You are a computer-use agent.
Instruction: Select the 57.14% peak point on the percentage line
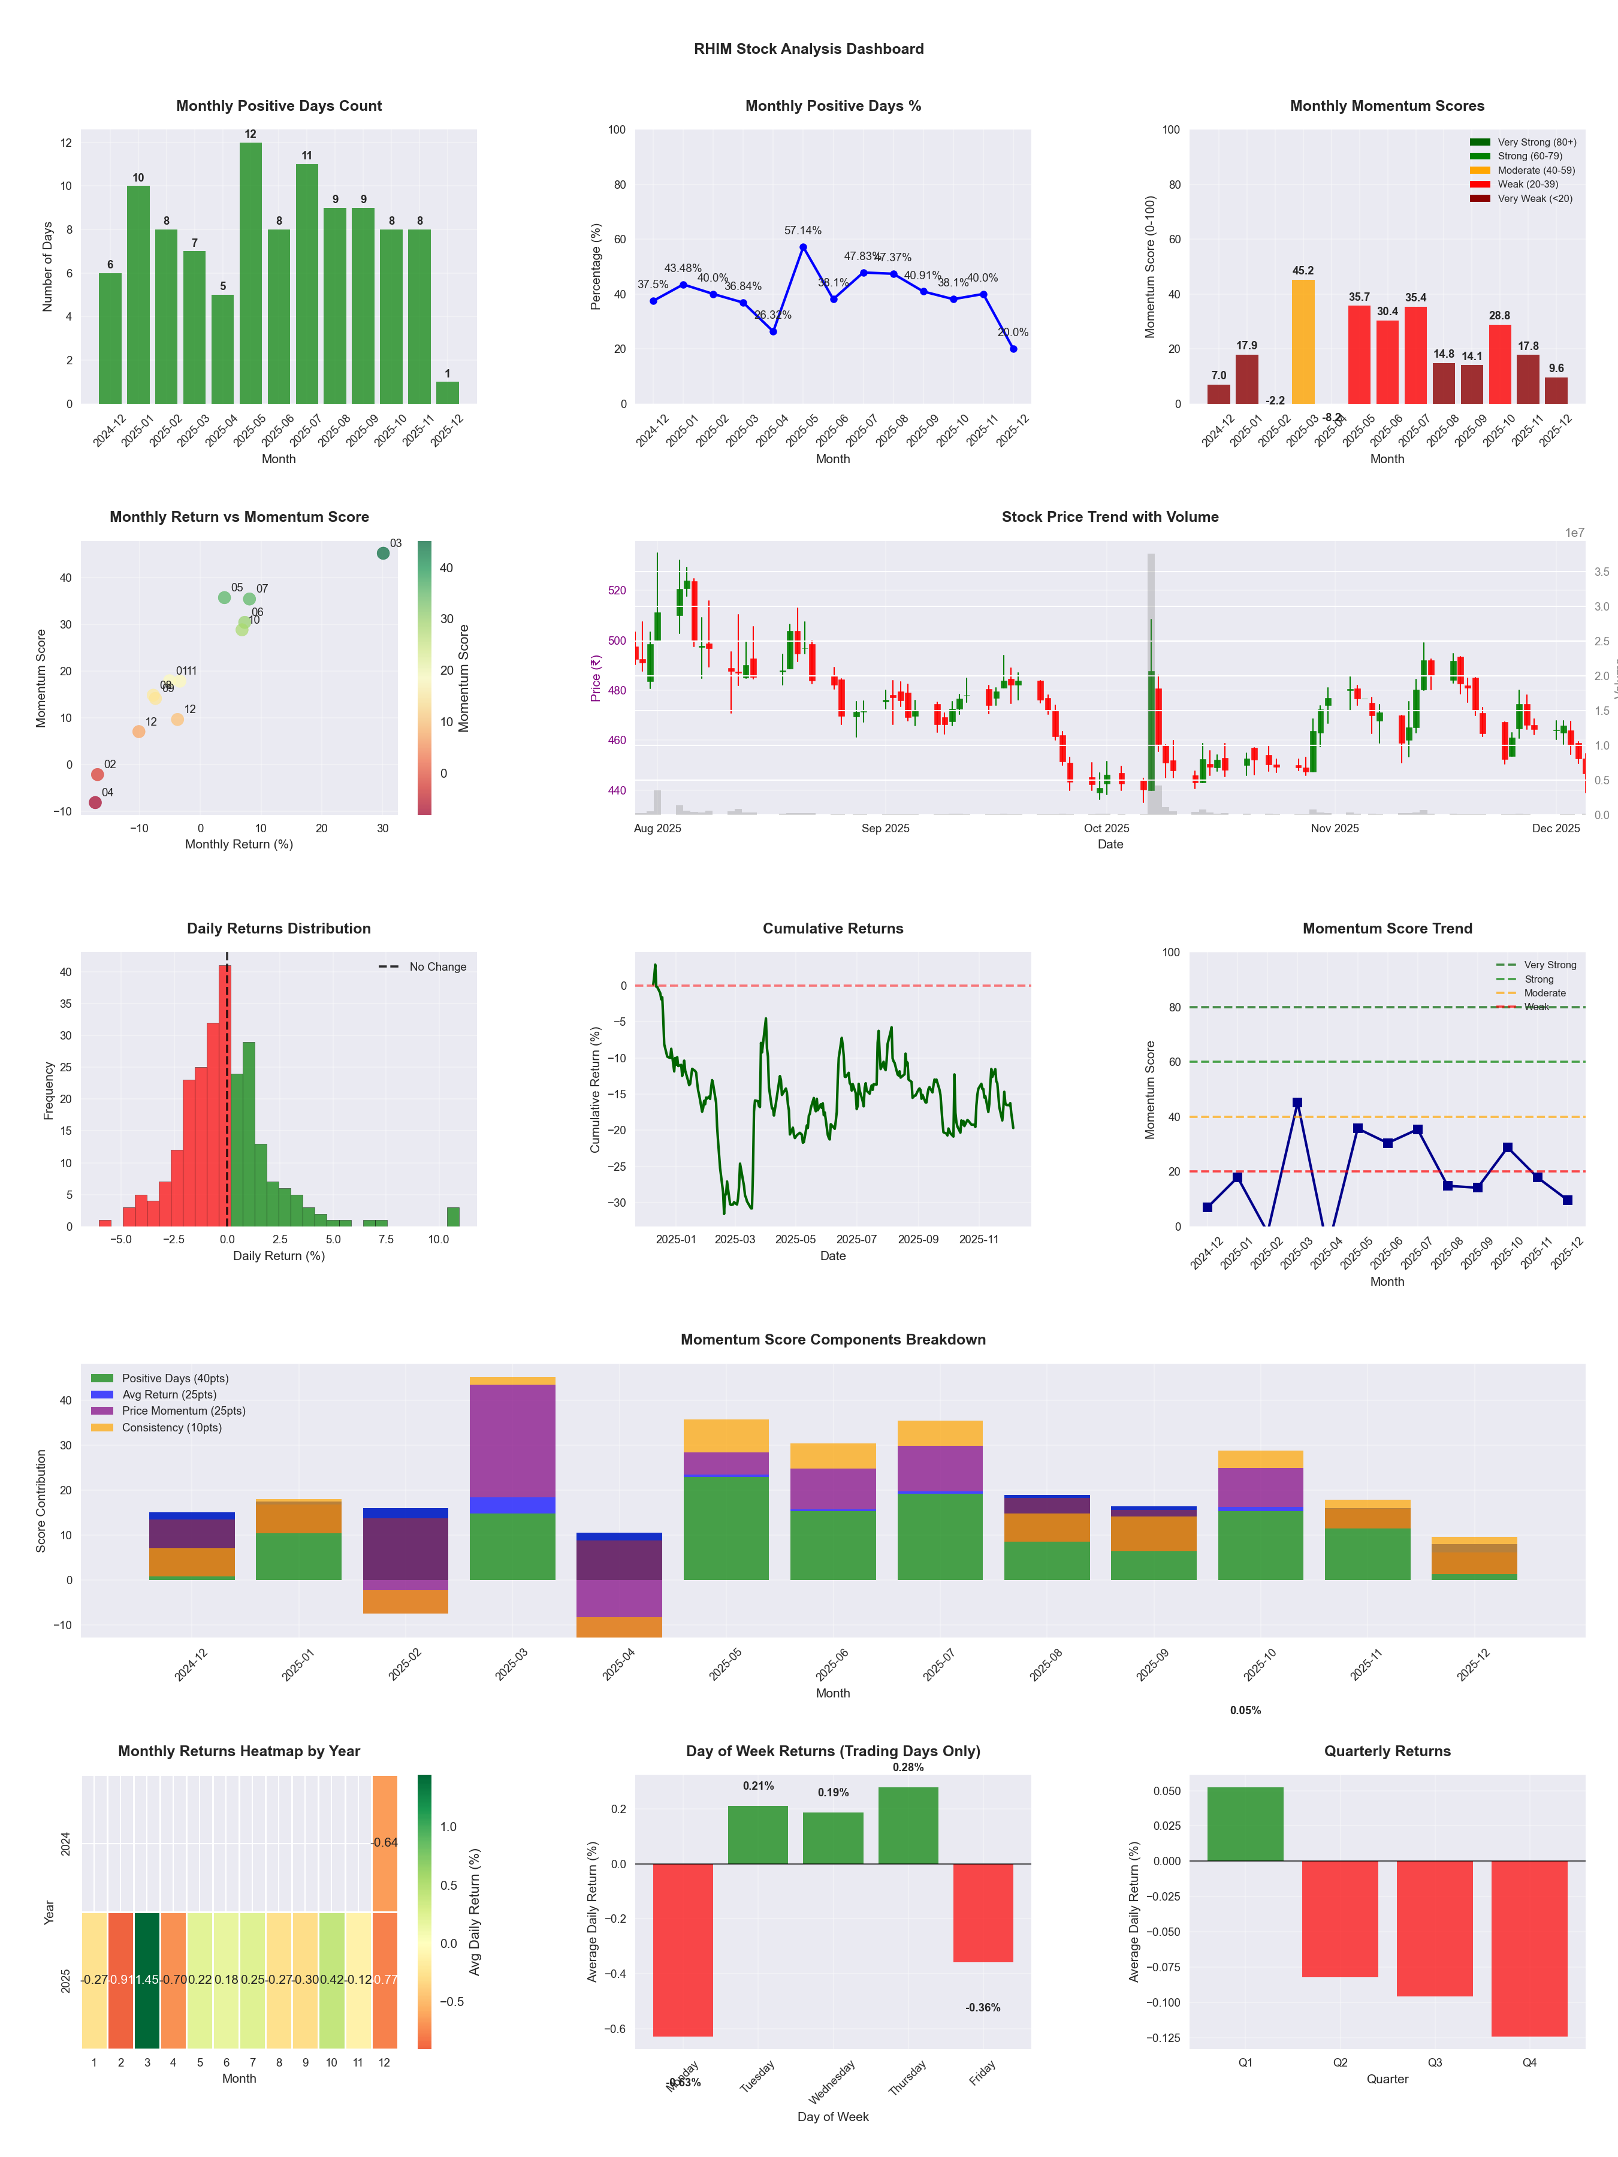coord(802,247)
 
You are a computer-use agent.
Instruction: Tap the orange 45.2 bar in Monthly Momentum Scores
coord(1302,342)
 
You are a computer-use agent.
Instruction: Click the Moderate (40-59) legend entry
coord(1535,171)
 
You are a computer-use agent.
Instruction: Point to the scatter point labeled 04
coord(95,802)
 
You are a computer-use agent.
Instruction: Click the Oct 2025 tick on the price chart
coord(1106,828)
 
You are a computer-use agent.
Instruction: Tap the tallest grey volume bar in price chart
coord(1151,682)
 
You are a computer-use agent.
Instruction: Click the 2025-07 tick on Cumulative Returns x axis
coord(856,1240)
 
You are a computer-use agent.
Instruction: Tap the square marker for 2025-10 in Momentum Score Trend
coord(1508,1148)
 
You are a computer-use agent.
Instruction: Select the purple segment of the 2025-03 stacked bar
coord(512,1440)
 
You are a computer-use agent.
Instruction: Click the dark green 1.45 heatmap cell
coord(147,1980)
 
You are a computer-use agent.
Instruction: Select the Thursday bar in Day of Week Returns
coord(908,1826)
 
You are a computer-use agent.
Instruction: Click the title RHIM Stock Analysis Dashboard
coord(808,49)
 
